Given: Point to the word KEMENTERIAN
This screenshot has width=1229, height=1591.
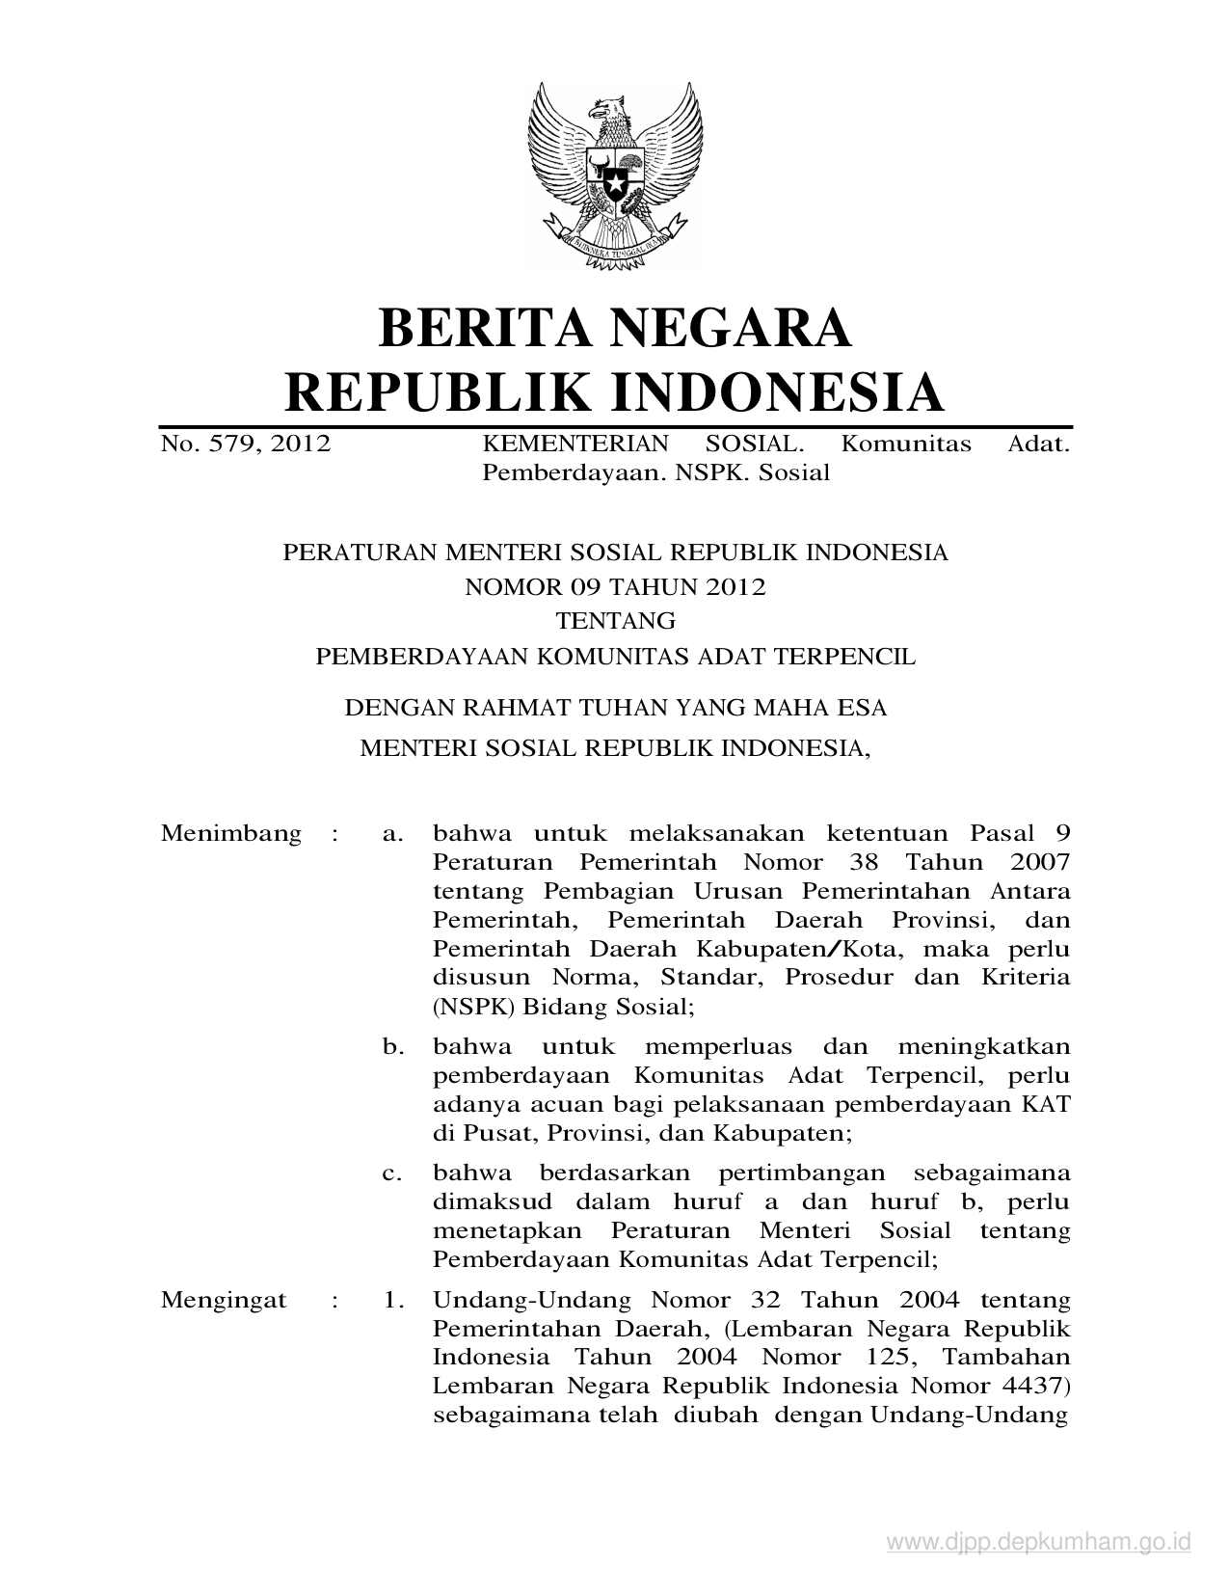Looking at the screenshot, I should (574, 445).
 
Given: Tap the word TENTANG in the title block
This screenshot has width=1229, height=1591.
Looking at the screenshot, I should (615, 621).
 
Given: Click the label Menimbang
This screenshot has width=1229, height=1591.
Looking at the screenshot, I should (231, 833).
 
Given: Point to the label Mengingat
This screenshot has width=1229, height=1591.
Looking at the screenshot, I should (224, 1300).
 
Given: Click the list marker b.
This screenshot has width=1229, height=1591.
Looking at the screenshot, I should (392, 1047).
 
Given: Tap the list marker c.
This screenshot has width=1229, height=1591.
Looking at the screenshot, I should (391, 1173).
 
